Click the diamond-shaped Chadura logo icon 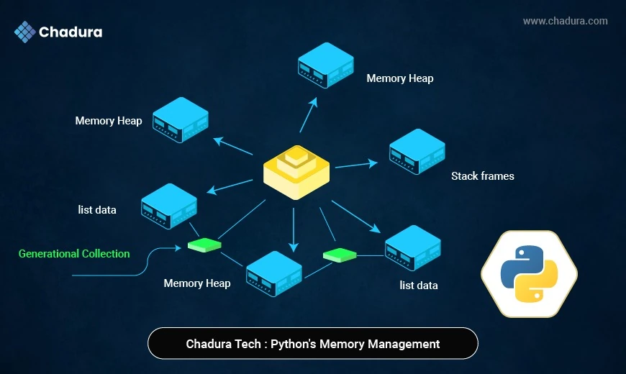25,32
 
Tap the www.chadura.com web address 565,21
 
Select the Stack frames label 482,175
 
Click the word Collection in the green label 106,254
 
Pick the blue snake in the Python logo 520,263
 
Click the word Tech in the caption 245,344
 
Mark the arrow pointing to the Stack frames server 357,165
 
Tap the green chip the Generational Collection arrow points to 204,246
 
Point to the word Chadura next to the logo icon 71,32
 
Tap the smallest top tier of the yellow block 296,152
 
